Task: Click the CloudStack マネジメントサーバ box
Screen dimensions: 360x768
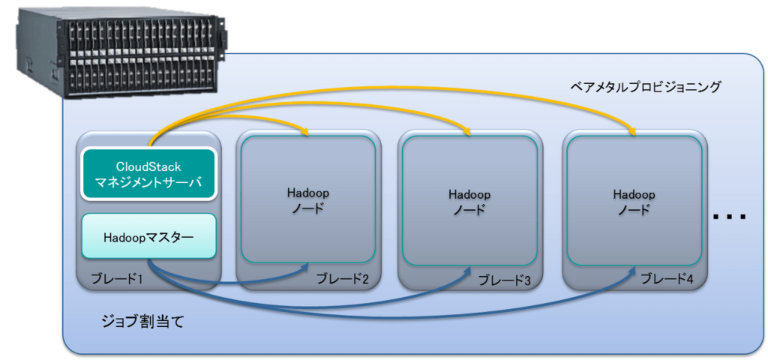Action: tap(148, 174)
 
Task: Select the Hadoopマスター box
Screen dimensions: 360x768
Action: tap(148, 237)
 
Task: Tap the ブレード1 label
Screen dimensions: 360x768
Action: tap(119, 278)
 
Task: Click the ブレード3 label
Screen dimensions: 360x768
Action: tap(504, 280)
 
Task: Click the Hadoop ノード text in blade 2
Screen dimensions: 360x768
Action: tap(308, 200)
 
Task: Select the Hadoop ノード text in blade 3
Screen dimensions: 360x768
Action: tap(469, 201)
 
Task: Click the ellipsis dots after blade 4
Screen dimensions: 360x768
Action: tap(729, 217)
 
